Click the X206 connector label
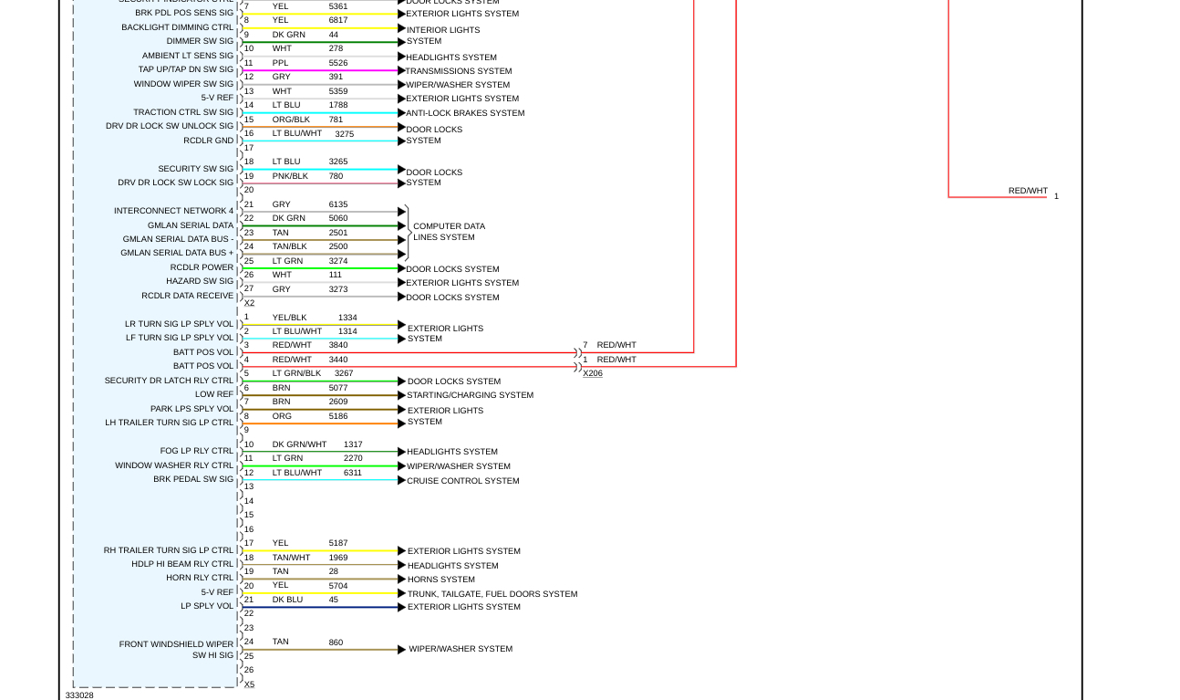[x=593, y=373]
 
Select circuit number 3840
[x=338, y=345]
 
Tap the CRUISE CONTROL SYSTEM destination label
[x=462, y=481]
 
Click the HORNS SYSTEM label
[x=440, y=580]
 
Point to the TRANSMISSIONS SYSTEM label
[x=459, y=71]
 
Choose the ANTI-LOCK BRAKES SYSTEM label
[x=465, y=113]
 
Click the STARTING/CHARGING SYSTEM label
[x=470, y=395]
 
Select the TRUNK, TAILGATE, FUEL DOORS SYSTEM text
[x=492, y=594]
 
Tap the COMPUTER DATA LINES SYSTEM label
[x=449, y=232]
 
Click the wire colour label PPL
[x=280, y=63]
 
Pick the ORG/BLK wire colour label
[x=291, y=120]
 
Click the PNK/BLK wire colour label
[x=290, y=176]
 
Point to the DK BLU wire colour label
[x=287, y=600]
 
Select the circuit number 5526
[x=338, y=63]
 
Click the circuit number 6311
[x=353, y=473]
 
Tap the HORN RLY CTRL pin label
[x=200, y=578]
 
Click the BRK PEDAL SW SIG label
[x=193, y=479]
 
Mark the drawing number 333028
[x=79, y=695]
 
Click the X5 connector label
[x=249, y=684]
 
